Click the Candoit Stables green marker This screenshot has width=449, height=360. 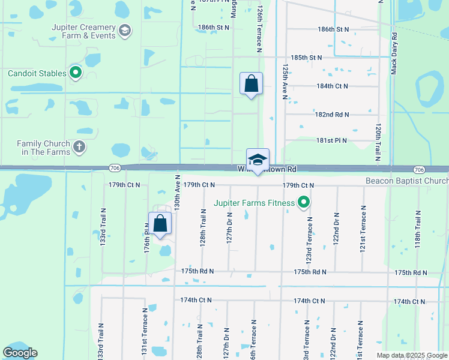point(76,73)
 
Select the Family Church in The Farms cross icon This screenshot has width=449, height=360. point(79,147)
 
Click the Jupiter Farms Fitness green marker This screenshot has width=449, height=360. point(304,203)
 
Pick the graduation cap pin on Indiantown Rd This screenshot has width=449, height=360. point(258,160)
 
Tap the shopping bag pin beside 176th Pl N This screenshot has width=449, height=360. point(160,224)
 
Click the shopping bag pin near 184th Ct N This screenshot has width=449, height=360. point(251,84)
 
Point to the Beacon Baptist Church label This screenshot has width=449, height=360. point(407,181)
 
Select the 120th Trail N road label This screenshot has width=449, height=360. point(378,143)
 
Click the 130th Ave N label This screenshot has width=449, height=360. point(177,192)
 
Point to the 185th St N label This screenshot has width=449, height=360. point(306,58)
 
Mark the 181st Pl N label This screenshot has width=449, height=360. point(332,140)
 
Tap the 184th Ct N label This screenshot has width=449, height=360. point(332,86)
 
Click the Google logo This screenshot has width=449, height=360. point(20,353)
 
